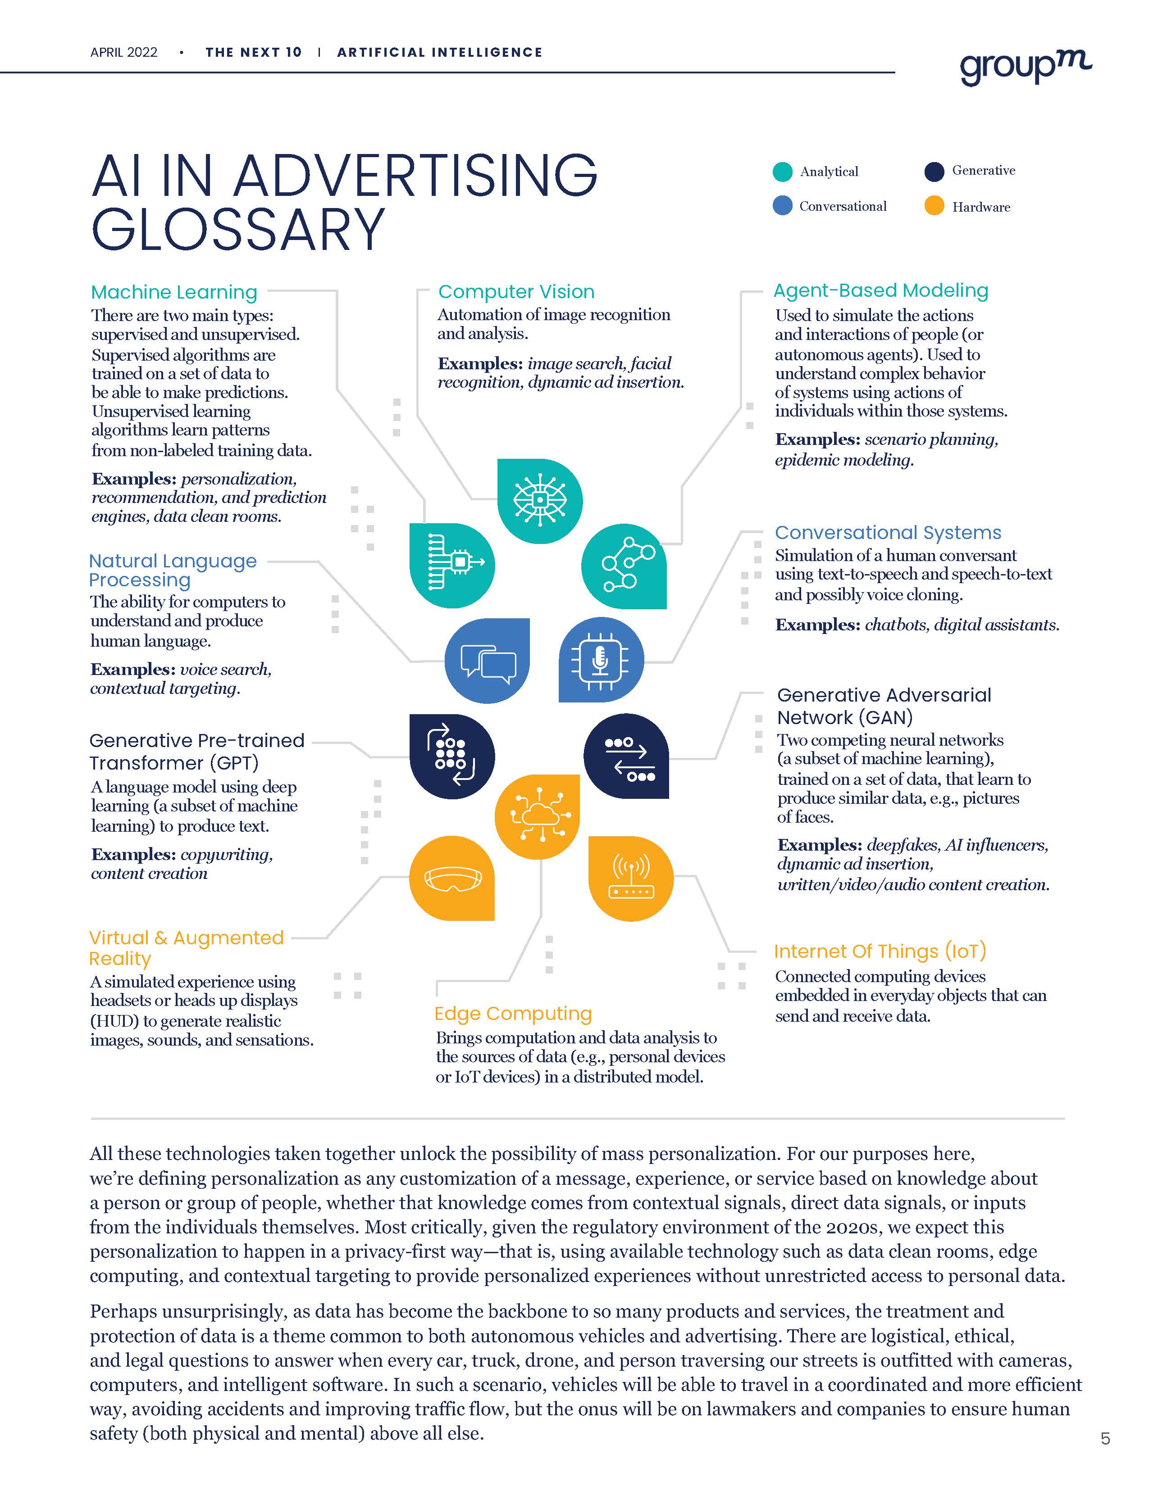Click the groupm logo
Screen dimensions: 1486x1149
point(1025,68)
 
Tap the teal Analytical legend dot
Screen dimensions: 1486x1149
point(783,172)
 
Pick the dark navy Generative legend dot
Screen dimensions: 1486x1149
point(935,172)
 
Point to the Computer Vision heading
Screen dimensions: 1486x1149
point(516,292)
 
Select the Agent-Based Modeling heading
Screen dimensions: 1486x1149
point(881,290)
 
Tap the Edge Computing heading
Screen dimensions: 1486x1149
point(513,1013)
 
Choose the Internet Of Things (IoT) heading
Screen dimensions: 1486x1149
point(880,951)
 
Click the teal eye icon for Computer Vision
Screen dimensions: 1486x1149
point(540,501)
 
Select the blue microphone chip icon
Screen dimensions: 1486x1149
point(600,660)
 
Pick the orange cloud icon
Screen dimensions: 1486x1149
point(538,816)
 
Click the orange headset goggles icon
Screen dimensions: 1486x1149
point(452,879)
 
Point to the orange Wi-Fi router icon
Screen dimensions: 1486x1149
point(630,879)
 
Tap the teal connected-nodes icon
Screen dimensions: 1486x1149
point(624,566)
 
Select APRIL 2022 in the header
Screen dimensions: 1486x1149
point(124,52)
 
